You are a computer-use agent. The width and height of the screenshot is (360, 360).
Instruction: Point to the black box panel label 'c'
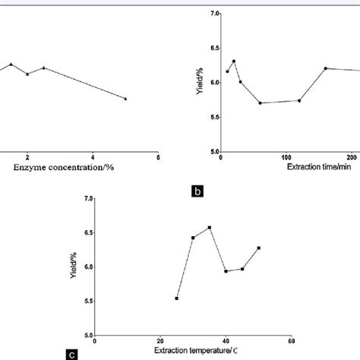click(x=92, y=352)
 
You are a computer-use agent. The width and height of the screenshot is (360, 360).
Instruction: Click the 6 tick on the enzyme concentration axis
click(x=157, y=157)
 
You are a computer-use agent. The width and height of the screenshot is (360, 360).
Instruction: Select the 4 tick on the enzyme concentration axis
click(x=93, y=157)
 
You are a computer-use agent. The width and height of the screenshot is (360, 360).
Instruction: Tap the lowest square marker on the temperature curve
click(x=176, y=298)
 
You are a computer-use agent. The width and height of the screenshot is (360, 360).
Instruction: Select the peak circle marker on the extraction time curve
click(x=233, y=62)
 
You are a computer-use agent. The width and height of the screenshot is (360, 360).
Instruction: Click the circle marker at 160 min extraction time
click(x=325, y=68)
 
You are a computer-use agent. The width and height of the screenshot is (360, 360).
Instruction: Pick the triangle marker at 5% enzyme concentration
click(x=125, y=99)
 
